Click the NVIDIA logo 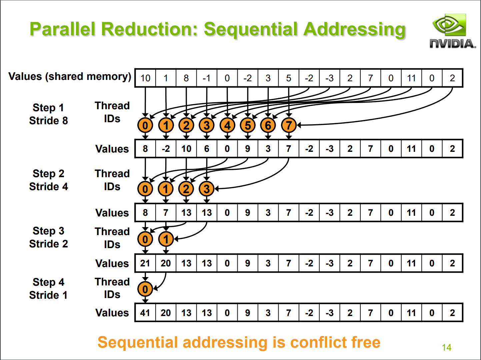(452, 31)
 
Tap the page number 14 (446, 348)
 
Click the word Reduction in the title (149, 29)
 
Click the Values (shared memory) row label (70, 77)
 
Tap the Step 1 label (48, 108)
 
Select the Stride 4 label (48, 186)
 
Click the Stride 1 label (48, 295)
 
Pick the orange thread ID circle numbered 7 (289, 125)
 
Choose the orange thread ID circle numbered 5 (248, 125)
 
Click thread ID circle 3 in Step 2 (206, 188)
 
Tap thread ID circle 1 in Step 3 (166, 239)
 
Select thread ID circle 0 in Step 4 (145, 289)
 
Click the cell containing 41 (145, 312)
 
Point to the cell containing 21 (145, 263)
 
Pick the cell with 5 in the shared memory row (289, 78)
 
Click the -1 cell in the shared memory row (207, 78)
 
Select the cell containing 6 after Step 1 (207, 149)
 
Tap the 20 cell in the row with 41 (166, 312)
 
